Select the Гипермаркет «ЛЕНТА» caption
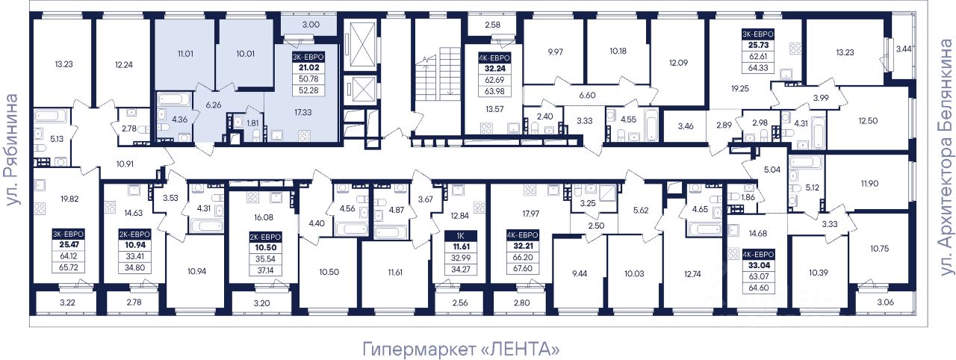(x=461, y=349)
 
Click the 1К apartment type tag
(x=461, y=235)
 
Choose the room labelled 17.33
(x=303, y=113)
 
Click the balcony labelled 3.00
(x=311, y=25)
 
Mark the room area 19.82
(x=69, y=199)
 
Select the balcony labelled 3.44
(x=904, y=49)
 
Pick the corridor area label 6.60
(x=587, y=95)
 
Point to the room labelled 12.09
(x=678, y=63)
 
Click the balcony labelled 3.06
(x=885, y=302)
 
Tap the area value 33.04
(x=758, y=265)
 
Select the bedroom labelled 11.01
(x=185, y=54)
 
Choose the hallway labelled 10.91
(x=125, y=164)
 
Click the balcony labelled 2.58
(x=492, y=25)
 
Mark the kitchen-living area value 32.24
(x=494, y=69)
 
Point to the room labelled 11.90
(x=869, y=184)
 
